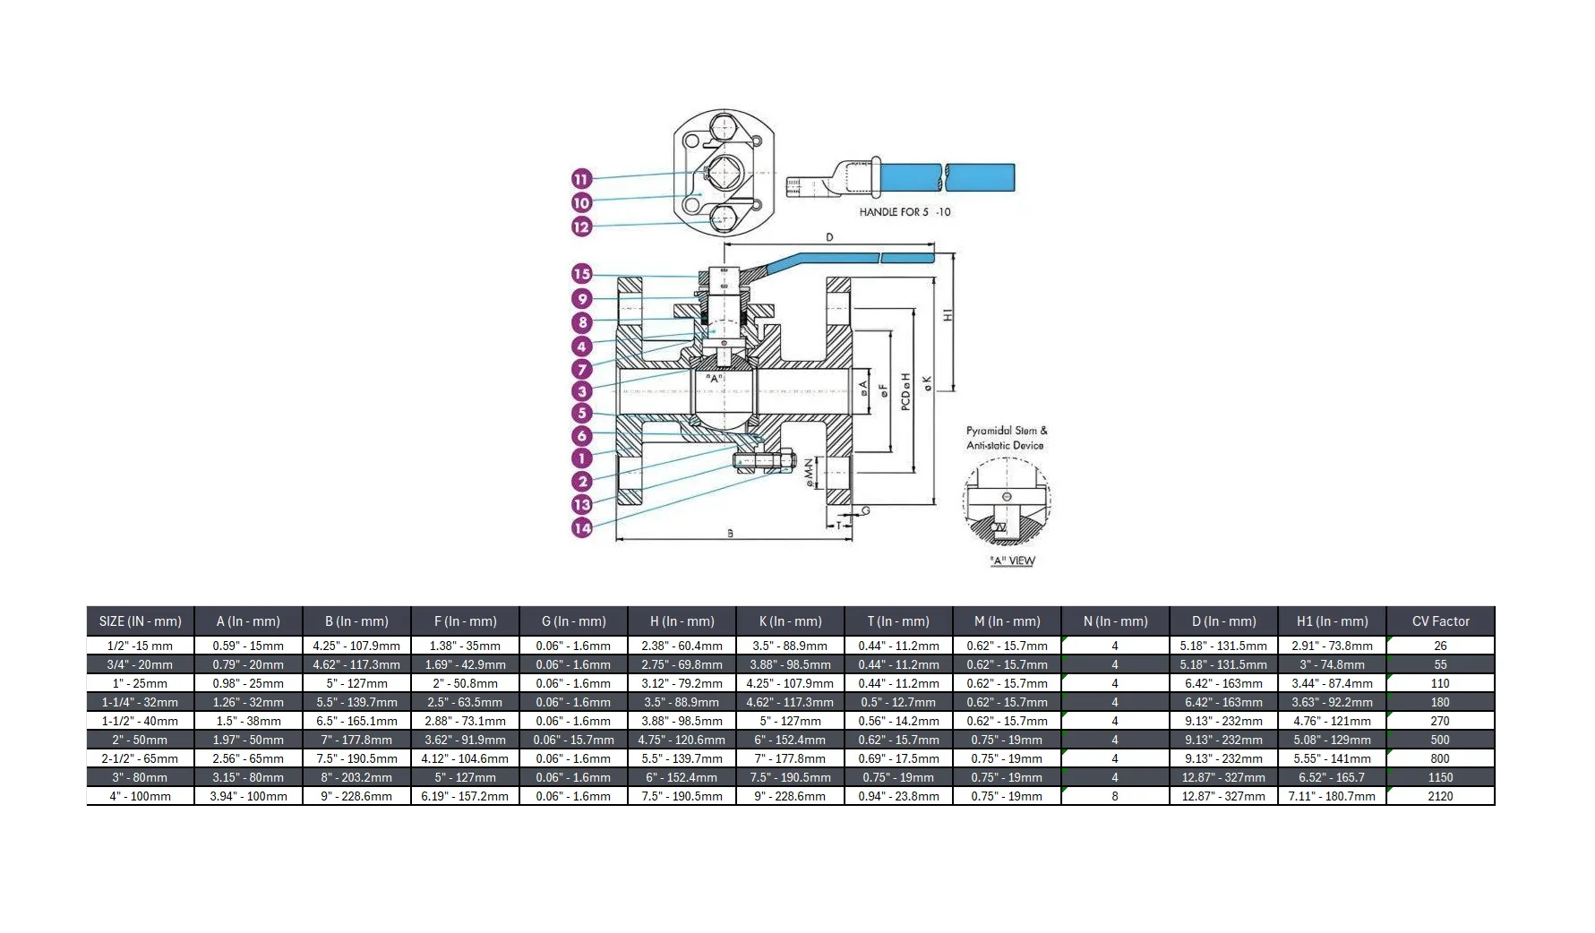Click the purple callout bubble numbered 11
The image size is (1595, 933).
tap(582, 179)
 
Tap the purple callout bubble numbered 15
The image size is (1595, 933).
tap(582, 274)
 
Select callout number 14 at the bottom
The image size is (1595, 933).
tap(582, 528)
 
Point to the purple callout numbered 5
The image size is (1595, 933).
tap(582, 413)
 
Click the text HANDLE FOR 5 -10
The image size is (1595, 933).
tap(905, 212)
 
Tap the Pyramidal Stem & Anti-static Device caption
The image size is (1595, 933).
tap(1006, 438)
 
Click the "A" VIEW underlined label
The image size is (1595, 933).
tap(1012, 561)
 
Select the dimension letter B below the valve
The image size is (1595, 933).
tap(730, 534)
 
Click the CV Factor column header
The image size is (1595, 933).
tap(1440, 621)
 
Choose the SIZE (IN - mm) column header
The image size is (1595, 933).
tap(141, 621)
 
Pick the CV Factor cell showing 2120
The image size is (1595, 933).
tap(1440, 796)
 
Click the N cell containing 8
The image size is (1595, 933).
tap(1115, 796)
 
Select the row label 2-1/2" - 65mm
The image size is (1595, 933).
tap(141, 758)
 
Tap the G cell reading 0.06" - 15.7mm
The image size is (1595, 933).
tap(573, 740)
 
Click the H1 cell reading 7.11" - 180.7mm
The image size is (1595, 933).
tap(1332, 796)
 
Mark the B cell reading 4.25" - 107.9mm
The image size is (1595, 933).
tap(356, 646)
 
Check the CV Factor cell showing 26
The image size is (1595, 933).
tap(1440, 646)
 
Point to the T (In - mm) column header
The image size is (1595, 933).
tap(898, 621)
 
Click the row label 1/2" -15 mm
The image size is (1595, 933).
tap(141, 646)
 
